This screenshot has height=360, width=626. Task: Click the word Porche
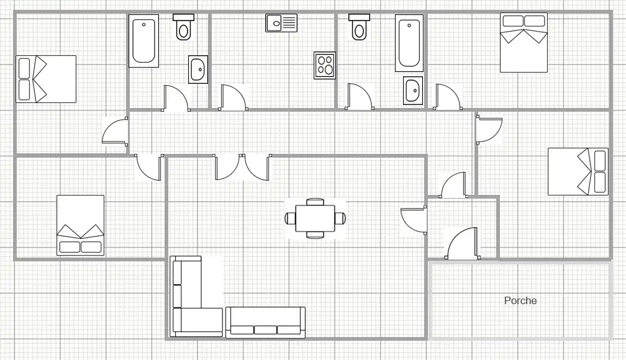point(520,300)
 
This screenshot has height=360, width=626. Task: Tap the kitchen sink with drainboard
point(281,23)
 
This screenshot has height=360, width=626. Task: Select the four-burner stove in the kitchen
point(325,65)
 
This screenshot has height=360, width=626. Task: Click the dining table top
point(315,218)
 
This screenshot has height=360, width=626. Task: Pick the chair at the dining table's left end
point(290,218)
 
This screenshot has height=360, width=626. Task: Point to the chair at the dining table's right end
point(340,218)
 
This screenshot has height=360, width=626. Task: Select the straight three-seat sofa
point(266,323)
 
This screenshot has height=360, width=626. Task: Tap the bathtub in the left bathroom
point(143,41)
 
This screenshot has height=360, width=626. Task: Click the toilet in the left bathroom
point(184,27)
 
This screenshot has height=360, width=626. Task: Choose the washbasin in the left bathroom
point(198,70)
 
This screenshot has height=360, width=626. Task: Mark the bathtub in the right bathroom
point(409,43)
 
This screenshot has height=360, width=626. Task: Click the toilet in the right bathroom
point(360,27)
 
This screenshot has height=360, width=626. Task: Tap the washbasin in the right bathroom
point(413,91)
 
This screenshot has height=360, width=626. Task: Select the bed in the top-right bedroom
point(524,43)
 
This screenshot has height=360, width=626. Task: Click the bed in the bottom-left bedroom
point(80,225)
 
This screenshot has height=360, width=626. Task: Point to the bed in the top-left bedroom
point(46,79)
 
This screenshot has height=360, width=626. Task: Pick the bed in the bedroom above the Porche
point(578,171)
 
